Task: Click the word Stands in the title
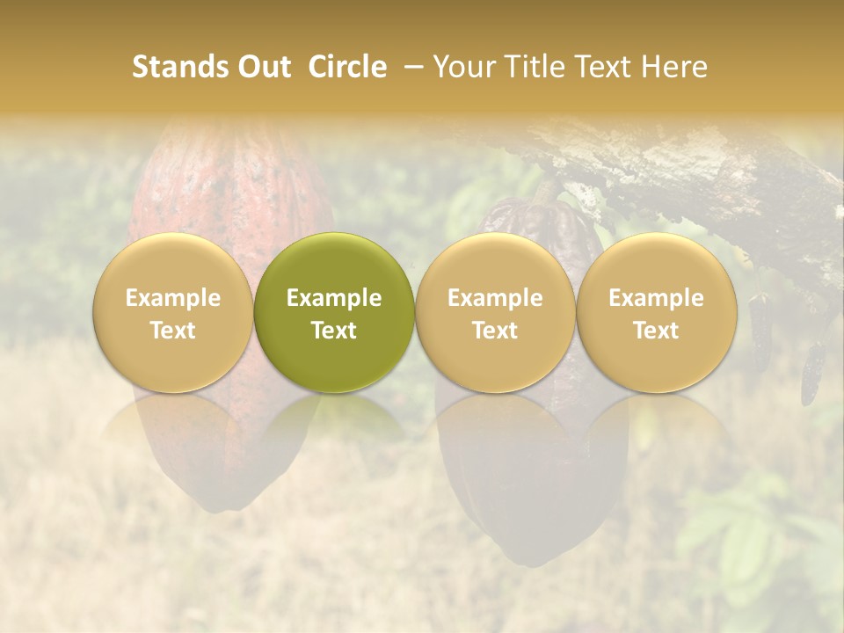(178, 67)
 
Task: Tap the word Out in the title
(262, 67)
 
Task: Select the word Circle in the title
(347, 67)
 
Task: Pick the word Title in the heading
(535, 67)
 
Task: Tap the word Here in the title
(674, 67)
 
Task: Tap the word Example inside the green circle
(334, 298)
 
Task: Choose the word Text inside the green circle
(334, 331)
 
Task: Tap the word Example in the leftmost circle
(173, 298)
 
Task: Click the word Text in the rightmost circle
(656, 331)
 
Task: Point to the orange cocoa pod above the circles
(230, 185)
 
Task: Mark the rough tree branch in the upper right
(703, 176)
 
